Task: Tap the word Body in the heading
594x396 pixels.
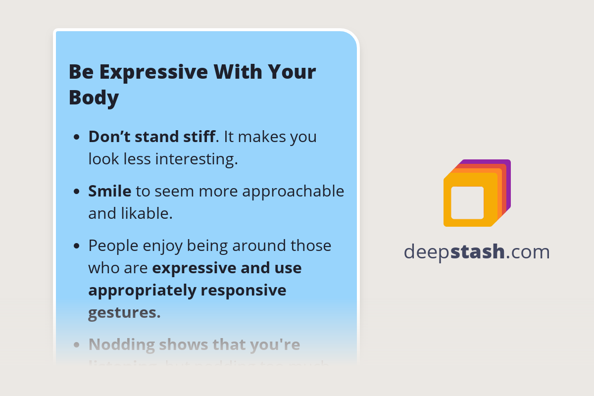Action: pyautogui.click(x=94, y=98)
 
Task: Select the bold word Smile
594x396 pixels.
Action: pyautogui.click(x=110, y=191)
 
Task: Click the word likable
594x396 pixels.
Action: pyautogui.click(x=147, y=213)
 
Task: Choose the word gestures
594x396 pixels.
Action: pyautogui.click(x=124, y=313)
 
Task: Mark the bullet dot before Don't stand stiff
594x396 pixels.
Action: pyautogui.click(x=77, y=137)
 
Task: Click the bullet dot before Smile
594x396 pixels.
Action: pyautogui.click(x=77, y=192)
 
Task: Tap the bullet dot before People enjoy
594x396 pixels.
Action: pyautogui.click(x=77, y=246)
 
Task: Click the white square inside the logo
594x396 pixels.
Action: pyautogui.click(x=467, y=202)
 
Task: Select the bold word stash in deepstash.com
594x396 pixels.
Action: pyautogui.click(x=478, y=252)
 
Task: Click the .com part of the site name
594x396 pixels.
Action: pyautogui.click(x=528, y=252)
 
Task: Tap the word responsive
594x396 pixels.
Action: pyautogui.click(x=245, y=291)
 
